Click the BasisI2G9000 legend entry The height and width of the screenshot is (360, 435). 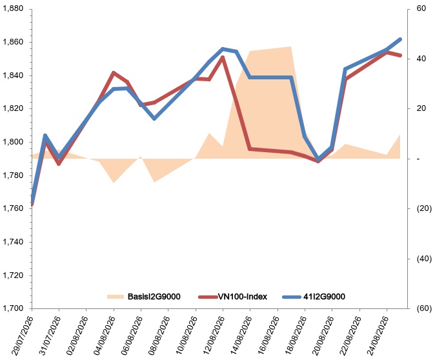[x=144, y=297]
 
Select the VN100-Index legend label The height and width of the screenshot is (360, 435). [x=243, y=297]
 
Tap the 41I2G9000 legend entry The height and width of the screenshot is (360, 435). [x=324, y=297]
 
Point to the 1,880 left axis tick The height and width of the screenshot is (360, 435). [x=13, y=9]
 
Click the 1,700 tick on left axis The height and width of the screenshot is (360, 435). [x=13, y=308]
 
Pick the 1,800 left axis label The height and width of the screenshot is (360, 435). [x=13, y=142]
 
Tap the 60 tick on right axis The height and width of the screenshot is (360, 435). [x=421, y=8]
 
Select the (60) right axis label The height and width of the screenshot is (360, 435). [x=424, y=308]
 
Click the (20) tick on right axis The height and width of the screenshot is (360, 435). [x=424, y=208]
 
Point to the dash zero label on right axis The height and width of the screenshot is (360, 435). [x=419, y=159]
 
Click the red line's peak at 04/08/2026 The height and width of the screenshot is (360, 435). [x=114, y=73]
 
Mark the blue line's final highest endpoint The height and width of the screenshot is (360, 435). [x=400, y=39]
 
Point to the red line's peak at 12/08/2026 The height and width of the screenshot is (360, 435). [x=223, y=57]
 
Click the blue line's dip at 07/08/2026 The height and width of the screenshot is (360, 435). [x=154, y=119]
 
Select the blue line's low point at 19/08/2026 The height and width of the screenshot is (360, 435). [x=318, y=160]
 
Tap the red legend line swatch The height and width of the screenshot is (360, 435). [x=208, y=297]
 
